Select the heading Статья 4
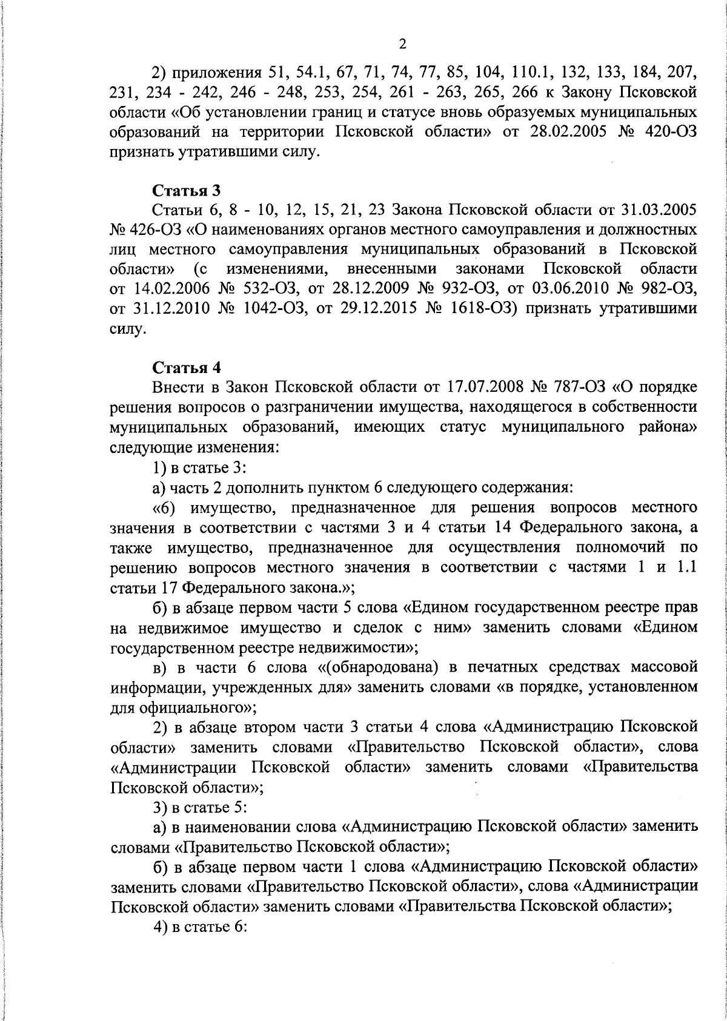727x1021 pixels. pos(187,368)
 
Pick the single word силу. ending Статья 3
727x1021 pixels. pos(128,329)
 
